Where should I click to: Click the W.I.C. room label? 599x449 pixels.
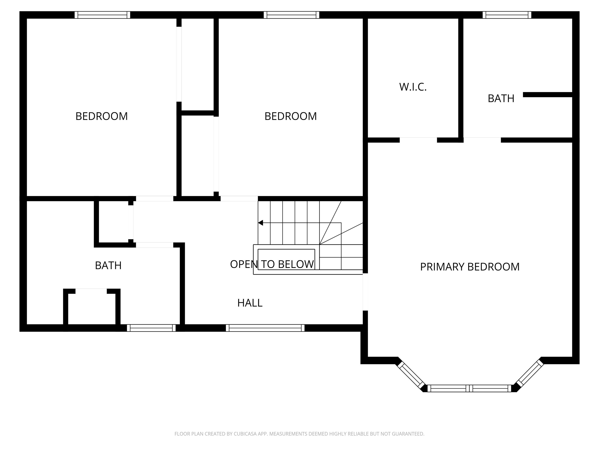click(x=413, y=87)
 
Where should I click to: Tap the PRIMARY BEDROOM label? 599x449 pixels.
click(x=470, y=267)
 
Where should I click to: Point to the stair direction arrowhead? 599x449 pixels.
click(x=261, y=223)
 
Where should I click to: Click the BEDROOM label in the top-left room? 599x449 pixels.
click(x=102, y=116)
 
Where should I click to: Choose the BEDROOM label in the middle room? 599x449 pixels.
click(x=291, y=116)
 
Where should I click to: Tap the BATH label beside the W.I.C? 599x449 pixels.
click(x=501, y=99)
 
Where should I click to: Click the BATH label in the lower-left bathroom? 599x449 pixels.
click(x=108, y=265)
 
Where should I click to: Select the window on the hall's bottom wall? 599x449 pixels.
click(x=265, y=328)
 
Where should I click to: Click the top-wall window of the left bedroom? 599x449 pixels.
click(x=102, y=15)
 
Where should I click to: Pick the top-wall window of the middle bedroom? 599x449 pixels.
click(x=291, y=15)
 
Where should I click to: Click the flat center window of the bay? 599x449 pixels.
click(x=470, y=388)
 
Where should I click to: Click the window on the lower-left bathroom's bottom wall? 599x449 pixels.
click(x=151, y=328)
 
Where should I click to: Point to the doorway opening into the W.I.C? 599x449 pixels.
click(x=418, y=140)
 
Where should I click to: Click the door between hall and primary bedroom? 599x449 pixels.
click(x=365, y=292)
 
